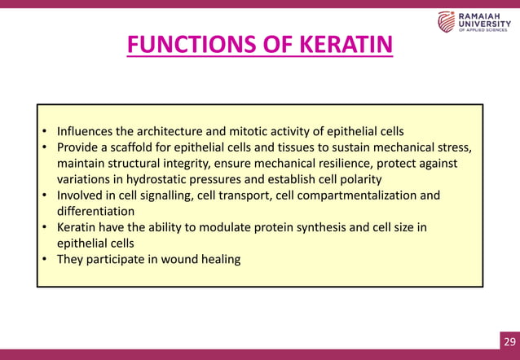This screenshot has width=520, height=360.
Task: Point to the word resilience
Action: (341, 164)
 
